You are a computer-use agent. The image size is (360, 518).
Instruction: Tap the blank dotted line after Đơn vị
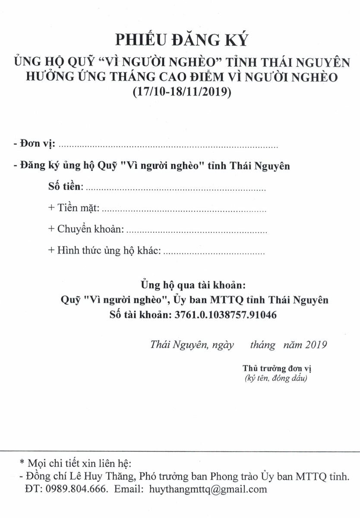coord(168,145)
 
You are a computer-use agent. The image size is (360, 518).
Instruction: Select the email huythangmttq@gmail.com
coord(208,489)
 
